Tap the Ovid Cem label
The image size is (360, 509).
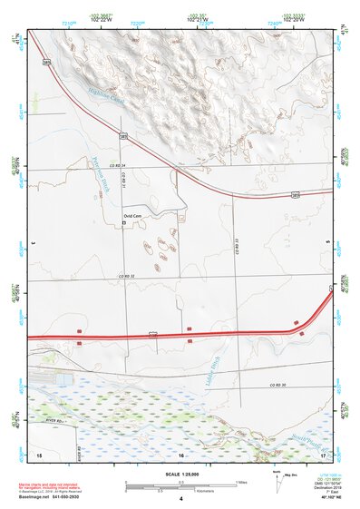[132, 215]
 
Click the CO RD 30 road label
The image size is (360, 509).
[276, 386]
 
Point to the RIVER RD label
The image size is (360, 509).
[56, 420]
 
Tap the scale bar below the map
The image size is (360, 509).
[181, 483]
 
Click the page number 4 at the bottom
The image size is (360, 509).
[181, 498]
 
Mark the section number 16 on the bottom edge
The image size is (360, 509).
[181, 454]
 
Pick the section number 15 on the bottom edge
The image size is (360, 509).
[39, 454]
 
